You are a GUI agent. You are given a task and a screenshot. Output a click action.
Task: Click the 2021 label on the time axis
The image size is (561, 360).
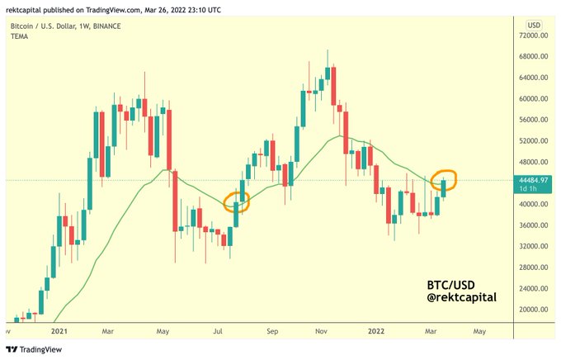(58, 330)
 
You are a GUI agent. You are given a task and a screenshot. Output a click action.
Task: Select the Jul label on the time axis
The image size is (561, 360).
(219, 330)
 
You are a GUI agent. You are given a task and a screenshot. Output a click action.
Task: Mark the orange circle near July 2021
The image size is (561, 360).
(236, 202)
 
